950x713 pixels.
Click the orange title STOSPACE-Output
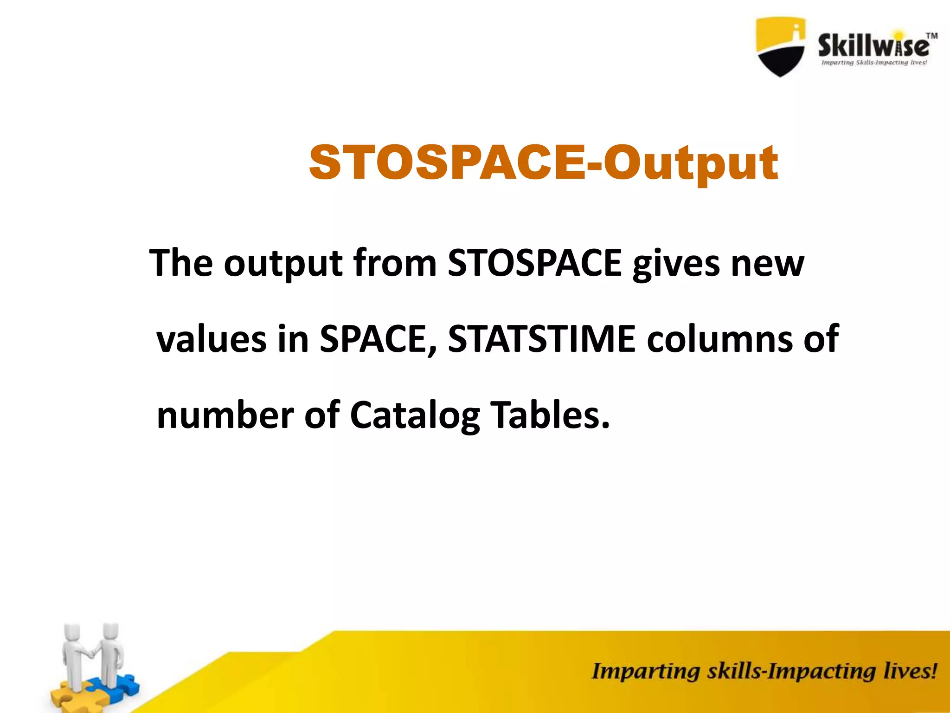pos(543,163)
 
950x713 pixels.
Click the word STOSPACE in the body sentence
pos(534,263)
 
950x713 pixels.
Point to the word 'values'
pos(211,339)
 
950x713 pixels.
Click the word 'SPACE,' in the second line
pos(378,339)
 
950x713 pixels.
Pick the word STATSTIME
pos(541,339)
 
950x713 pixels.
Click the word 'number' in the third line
pos(225,415)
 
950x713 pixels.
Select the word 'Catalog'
pos(415,416)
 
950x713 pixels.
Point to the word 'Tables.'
pos(550,415)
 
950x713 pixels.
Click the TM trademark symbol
pos(931,36)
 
